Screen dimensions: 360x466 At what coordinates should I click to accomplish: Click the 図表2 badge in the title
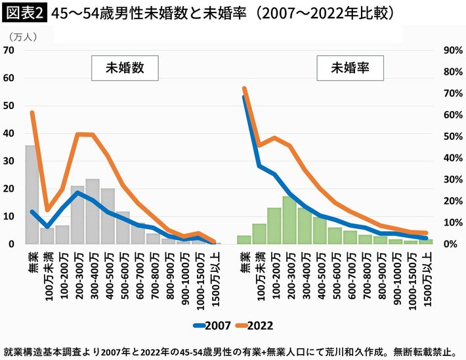pos(24,12)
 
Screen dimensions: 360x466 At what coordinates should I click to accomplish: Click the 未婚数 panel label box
pos(125,66)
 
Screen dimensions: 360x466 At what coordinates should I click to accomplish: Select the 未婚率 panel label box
pos(349,66)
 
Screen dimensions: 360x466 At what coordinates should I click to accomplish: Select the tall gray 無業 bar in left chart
pos(31,194)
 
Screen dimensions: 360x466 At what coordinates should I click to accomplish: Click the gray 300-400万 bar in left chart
pos(93,211)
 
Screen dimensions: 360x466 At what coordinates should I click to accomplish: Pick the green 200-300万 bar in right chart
pos(289,220)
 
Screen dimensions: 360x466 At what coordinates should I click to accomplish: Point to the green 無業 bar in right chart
pos(244,239)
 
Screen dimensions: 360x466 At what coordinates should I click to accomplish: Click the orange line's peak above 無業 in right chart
pos(244,89)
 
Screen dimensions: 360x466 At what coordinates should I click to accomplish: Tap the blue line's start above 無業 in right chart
pos(244,97)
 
